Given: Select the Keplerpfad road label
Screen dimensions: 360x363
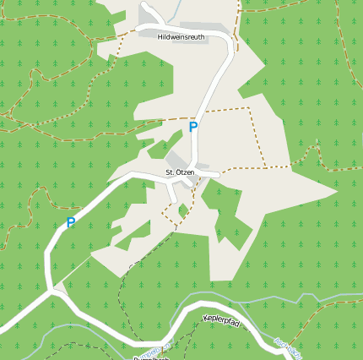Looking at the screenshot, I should tap(222, 321).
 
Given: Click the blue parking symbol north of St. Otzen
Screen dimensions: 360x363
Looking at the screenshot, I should tap(193, 128).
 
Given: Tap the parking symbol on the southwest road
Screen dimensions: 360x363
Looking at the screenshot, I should tap(71, 223).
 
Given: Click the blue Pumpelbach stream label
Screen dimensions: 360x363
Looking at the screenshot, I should tap(151, 357).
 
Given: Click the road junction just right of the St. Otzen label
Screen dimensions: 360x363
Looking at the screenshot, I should tap(199, 173).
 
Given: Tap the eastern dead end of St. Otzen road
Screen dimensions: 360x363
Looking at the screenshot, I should tap(218, 175).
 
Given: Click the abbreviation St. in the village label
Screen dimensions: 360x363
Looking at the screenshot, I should tap(170, 172).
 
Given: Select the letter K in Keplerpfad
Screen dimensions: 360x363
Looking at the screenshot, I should tap(206, 318).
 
